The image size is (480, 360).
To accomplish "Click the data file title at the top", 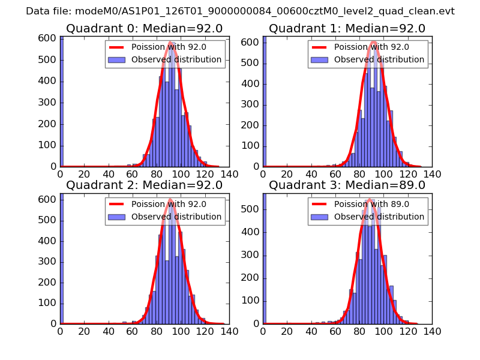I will [240, 11].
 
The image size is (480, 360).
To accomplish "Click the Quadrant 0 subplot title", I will [145, 29].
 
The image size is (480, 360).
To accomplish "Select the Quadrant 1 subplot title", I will [347, 29].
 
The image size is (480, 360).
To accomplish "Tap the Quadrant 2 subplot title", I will [145, 185].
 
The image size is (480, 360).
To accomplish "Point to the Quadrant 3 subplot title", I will [347, 185].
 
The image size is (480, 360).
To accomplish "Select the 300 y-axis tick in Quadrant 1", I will [251, 104].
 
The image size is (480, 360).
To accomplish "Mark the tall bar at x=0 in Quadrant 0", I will [62, 102].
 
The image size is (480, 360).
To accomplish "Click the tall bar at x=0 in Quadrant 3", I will [265, 258].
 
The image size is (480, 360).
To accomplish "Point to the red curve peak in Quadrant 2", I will [170, 199].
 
